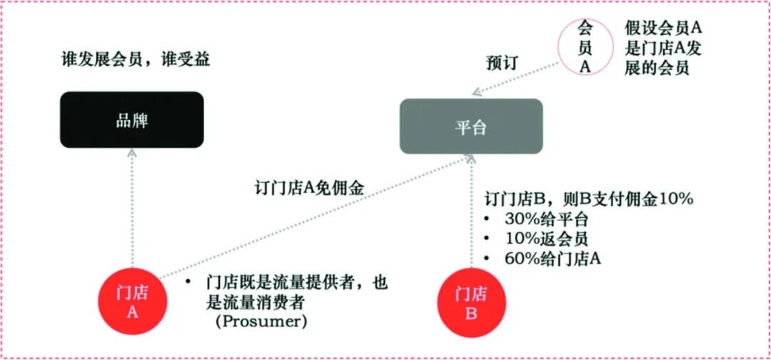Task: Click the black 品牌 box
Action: tap(132, 120)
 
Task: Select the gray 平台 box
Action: tap(470, 126)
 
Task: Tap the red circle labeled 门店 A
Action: tap(132, 303)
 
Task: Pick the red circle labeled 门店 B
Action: tap(471, 303)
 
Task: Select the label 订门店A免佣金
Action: tap(309, 189)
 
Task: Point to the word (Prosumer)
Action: tap(261, 321)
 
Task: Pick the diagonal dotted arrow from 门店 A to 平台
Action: tap(314, 217)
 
